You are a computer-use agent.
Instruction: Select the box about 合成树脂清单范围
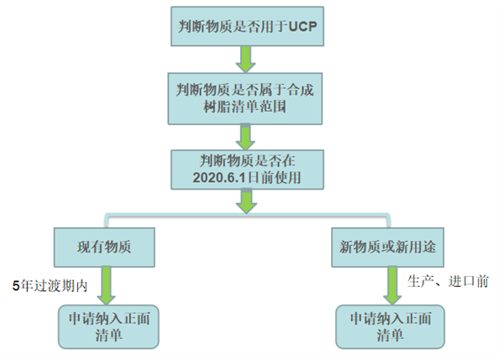click(245, 98)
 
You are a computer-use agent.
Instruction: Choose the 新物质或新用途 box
click(387, 248)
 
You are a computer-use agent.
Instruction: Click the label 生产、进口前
click(447, 279)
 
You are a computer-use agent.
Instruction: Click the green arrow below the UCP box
click(245, 60)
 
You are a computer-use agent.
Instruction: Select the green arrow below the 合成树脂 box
click(245, 133)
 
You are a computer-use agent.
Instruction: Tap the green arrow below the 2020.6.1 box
click(245, 201)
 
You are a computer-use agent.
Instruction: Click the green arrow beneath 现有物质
click(107, 285)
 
